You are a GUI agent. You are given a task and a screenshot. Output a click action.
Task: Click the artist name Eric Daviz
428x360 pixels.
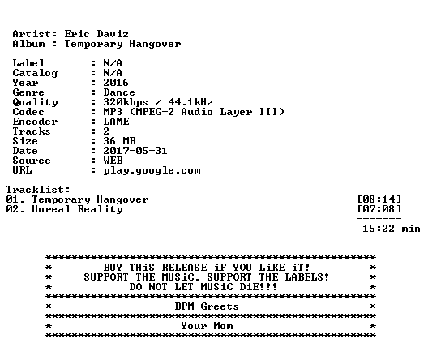[x=96, y=34]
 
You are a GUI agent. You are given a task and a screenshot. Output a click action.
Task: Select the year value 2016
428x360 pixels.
[x=116, y=83]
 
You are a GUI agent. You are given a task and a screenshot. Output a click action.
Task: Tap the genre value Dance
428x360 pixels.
[x=119, y=92]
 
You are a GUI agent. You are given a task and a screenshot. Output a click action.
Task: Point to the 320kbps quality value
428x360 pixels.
[x=126, y=103]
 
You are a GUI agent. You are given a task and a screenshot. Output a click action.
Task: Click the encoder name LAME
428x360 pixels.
[x=116, y=122]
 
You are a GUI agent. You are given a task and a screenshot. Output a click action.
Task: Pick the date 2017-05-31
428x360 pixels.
[x=135, y=151]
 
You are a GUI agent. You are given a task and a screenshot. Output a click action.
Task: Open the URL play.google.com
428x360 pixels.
[x=152, y=171]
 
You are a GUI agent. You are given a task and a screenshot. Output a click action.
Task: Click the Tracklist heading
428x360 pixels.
[x=38, y=190]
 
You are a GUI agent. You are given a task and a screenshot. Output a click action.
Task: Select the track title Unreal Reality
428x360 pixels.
[x=77, y=210]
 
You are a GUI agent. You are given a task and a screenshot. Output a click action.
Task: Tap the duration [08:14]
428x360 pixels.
[x=379, y=199]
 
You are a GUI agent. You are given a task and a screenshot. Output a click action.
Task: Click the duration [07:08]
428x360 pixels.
[x=379, y=209]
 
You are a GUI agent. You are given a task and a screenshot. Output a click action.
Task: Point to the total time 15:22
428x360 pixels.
[x=379, y=229]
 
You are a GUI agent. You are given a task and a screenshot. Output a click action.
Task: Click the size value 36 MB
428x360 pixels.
[x=119, y=141]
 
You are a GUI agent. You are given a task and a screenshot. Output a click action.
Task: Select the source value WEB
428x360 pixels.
[x=113, y=161]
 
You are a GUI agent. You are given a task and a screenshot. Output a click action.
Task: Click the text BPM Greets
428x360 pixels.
[x=207, y=306]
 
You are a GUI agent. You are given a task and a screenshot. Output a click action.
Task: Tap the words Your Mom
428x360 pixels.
[x=207, y=326]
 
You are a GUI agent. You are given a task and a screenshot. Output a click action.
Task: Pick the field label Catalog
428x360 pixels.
[x=35, y=74]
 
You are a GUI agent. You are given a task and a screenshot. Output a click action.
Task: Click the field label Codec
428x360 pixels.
[x=28, y=112]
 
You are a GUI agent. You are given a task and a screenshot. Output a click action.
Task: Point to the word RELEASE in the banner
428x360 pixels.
[x=185, y=268]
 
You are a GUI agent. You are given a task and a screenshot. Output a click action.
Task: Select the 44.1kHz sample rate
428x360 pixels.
[x=190, y=102]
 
